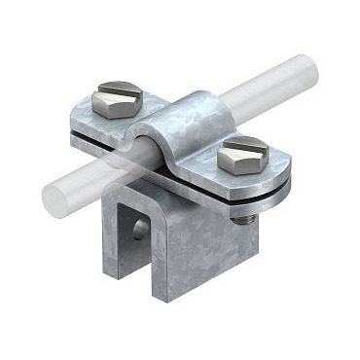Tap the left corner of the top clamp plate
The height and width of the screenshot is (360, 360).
(73, 126)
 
